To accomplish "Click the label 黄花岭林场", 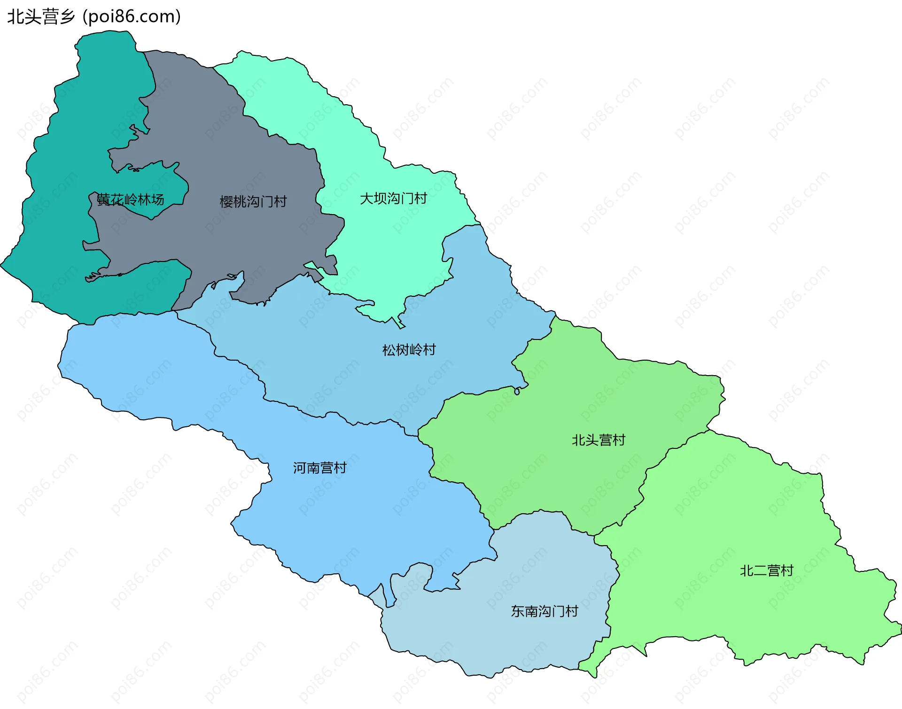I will point(131,200).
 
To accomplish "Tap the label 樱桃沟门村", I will point(253,202).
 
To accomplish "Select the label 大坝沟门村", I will point(393,199).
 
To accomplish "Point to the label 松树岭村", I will point(409,350).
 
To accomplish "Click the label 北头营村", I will point(598,440).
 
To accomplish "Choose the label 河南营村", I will point(319,468).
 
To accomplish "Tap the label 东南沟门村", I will point(544,611).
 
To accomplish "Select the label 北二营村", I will point(766,571).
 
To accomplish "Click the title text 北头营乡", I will point(41,17).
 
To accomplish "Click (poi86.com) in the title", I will point(132,17).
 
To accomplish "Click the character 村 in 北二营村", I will point(787,571).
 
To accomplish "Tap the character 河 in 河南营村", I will point(300,468).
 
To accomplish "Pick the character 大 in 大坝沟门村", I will point(366,199).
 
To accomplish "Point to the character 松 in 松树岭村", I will point(389,350).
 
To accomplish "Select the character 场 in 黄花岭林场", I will point(158,200).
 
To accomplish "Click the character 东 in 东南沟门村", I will point(517,611).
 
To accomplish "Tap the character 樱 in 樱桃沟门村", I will point(226,202).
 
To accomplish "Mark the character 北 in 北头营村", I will point(578,440).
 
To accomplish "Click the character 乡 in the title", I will point(67,17).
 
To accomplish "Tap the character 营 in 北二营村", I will point(773,571).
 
